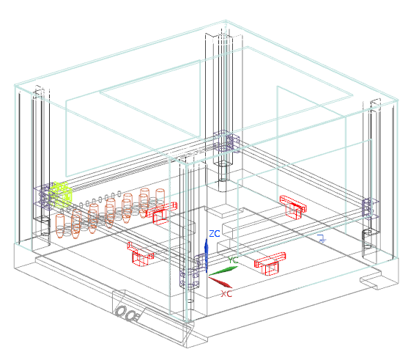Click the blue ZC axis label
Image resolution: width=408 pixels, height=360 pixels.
215,234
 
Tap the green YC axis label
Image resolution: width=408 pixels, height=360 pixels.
233,260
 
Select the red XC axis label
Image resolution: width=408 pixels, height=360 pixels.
226,294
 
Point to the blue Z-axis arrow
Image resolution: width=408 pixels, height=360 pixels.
207,256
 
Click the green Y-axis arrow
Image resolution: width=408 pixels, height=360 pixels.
223,271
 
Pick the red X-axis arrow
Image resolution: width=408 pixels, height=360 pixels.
220,282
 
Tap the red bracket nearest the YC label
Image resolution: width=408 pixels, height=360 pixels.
270,263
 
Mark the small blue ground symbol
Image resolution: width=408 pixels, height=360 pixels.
322,238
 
